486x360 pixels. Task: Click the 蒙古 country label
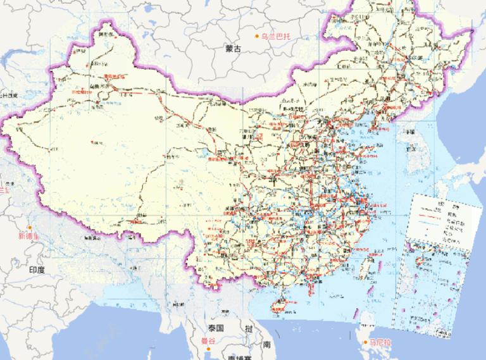[x=233, y=48]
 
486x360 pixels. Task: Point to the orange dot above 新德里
[x=29, y=227]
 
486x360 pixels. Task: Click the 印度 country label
[x=37, y=270]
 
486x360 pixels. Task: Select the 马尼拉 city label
[x=382, y=342]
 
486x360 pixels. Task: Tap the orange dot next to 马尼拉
[x=366, y=343]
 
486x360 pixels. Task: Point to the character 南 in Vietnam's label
[x=267, y=345]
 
